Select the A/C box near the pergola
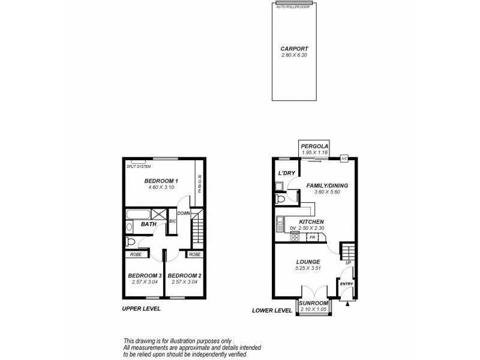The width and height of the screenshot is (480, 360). click(x=344, y=158)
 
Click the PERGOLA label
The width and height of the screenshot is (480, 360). click(x=315, y=146)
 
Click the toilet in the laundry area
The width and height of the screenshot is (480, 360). click(x=280, y=199)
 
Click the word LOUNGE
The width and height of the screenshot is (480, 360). click(x=307, y=262)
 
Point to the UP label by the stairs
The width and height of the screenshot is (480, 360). click(x=348, y=263)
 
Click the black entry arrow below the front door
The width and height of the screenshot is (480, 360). click(x=347, y=303)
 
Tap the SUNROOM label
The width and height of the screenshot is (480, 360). click(x=314, y=303)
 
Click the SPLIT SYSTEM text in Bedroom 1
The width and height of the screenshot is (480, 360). click(x=139, y=166)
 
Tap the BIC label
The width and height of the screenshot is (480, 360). click(x=173, y=221)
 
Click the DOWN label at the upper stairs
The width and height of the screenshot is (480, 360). click(x=184, y=213)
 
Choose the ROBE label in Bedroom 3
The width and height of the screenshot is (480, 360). click(x=136, y=254)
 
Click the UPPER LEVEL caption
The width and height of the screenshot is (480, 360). click(x=141, y=309)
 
